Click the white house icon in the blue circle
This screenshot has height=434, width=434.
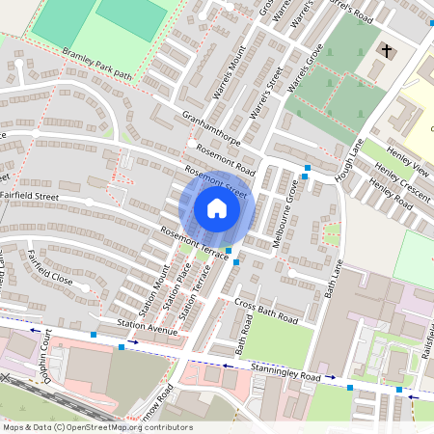(x=217, y=208)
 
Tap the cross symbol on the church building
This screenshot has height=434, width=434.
(x=387, y=49)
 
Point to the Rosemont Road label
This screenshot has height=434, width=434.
(x=225, y=157)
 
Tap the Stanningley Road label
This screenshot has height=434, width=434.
(x=284, y=371)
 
